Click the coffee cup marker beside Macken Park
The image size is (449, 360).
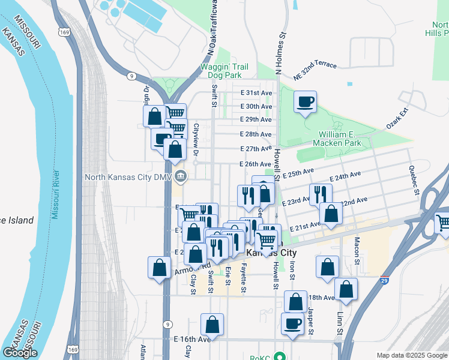pos(305,102)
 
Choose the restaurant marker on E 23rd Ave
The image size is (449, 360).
pos(321,194)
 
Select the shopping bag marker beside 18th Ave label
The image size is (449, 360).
pos(295,302)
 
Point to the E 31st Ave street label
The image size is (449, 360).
pos(256,93)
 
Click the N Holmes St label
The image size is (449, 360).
pos(279,55)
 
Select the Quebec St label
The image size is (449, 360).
pos(413,181)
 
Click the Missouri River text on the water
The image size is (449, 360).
pos(55,193)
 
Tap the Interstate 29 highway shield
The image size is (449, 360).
pos(384,280)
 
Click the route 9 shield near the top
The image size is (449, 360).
pos(130,76)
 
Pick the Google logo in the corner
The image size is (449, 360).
pos(20,352)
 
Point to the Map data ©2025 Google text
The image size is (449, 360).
pos(412,355)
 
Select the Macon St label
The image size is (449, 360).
pos(357,251)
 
